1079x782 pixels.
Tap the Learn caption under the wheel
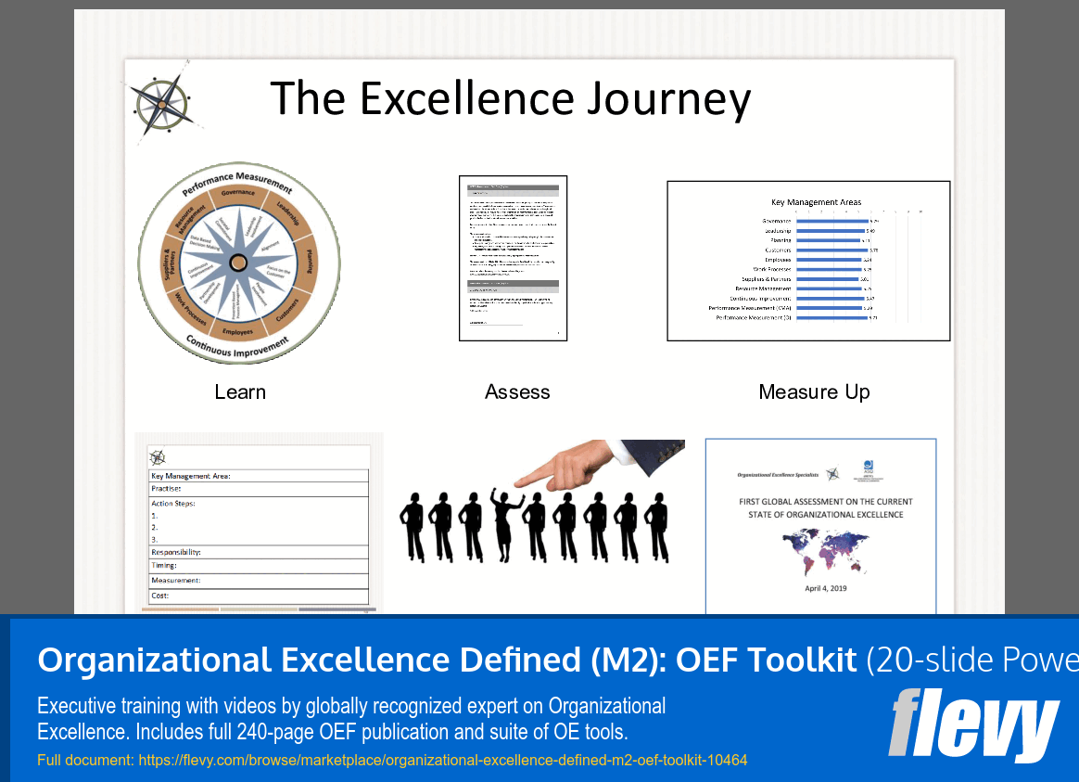pyautogui.click(x=240, y=392)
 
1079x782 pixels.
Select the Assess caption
pyautogui.click(x=517, y=392)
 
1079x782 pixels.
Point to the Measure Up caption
pyautogui.click(x=814, y=392)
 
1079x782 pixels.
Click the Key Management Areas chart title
pyautogui.click(x=816, y=201)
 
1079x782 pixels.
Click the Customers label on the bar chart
pyautogui.click(x=778, y=250)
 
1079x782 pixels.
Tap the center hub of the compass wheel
pyautogui.click(x=238, y=263)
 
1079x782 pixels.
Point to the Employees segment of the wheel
pyautogui.click(x=237, y=330)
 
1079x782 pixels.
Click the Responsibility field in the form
pyautogui.click(x=176, y=552)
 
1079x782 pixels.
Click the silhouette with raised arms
pyautogui.click(x=506, y=524)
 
